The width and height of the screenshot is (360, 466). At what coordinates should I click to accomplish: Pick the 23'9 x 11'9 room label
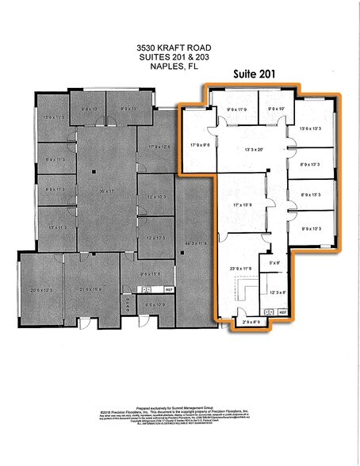point(240,269)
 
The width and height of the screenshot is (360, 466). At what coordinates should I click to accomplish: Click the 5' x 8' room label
point(275,262)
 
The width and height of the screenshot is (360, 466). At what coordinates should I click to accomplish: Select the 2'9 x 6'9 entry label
point(251,322)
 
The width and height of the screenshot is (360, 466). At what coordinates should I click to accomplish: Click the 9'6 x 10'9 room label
point(155,304)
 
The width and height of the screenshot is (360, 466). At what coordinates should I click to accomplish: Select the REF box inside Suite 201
point(282,313)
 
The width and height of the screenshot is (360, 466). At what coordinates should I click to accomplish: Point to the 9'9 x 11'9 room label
point(238,109)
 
